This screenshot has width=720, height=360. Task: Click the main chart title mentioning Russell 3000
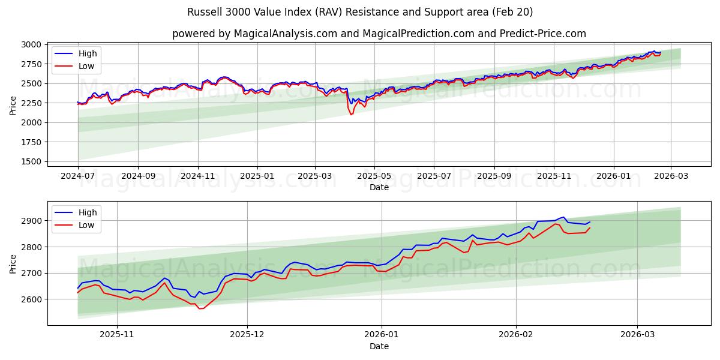[360, 12]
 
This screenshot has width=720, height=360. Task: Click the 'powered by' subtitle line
[379, 34]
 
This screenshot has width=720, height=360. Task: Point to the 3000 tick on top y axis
[31, 44]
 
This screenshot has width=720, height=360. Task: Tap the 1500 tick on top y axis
[31, 161]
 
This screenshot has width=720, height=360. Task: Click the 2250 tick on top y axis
[31, 103]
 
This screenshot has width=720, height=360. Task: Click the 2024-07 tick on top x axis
[78, 177]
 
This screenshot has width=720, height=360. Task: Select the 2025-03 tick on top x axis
[316, 177]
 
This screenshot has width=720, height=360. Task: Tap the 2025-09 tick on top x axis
[494, 177]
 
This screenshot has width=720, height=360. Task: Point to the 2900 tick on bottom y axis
[31, 221]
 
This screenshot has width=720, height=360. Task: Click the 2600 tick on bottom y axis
[31, 299]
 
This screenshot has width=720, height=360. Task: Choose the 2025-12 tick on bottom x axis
[247, 334]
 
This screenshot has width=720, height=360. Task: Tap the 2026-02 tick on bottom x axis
[517, 334]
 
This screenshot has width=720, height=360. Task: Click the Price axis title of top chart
[13, 105]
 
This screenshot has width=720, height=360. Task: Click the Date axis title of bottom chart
[379, 346]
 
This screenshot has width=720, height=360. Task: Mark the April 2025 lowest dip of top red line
[351, 115]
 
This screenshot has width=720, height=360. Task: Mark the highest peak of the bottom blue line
[563, 217]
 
